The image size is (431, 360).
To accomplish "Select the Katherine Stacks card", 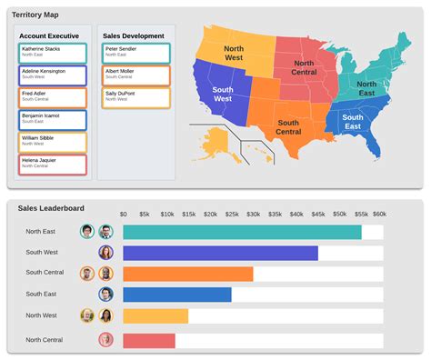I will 52,53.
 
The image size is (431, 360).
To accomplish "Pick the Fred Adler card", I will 52,97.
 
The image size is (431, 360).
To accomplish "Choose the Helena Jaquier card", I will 52,165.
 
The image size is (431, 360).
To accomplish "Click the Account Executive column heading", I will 51,35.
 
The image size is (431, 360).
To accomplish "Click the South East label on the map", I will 353,122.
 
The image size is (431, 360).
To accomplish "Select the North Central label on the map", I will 303,66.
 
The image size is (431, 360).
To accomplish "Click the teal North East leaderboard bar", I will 242,232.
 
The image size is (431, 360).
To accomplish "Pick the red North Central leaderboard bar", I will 148,340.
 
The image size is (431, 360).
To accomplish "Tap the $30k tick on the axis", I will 253,215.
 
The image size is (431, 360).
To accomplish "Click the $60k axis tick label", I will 378,215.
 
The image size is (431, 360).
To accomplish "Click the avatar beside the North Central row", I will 105,340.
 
